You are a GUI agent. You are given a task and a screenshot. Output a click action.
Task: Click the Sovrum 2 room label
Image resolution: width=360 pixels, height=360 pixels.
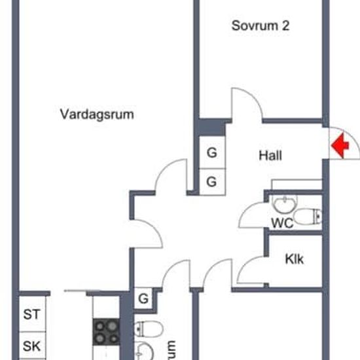coord(261,26)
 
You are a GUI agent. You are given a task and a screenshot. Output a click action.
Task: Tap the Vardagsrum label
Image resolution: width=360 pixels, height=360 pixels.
coord(97,115)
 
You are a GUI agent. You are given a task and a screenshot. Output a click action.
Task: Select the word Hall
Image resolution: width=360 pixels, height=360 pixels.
coord(270,156)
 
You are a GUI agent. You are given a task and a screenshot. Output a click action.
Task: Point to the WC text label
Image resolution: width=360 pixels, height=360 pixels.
coord(281,223)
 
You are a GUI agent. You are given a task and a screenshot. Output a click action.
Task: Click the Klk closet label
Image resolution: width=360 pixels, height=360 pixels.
coord(294,259)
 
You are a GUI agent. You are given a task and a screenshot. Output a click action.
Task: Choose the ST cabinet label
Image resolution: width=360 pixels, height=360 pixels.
coord(31,314)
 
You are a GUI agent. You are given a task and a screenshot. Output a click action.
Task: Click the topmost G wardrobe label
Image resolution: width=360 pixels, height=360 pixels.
coord(211,153)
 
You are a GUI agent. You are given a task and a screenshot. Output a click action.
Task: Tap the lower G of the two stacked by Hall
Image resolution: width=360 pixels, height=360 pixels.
coord(211,182)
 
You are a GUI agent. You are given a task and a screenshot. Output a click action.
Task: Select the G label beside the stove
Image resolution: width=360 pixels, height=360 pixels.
coord(143,300)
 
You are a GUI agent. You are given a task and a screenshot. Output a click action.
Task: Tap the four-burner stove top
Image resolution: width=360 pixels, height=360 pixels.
coord(105,332)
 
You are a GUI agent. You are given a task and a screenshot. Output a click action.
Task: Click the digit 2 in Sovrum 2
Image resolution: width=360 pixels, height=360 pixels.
coord(285,26)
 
